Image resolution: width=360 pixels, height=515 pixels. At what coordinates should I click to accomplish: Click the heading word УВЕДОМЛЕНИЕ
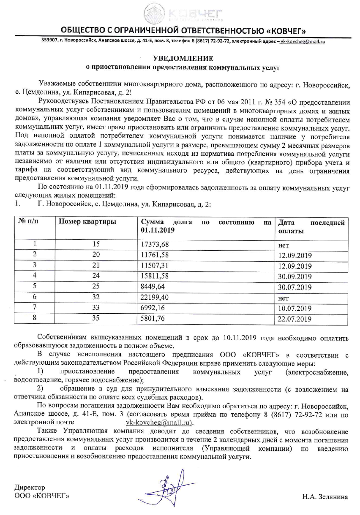point(180,58)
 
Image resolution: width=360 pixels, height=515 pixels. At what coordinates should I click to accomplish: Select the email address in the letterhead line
point(303,41)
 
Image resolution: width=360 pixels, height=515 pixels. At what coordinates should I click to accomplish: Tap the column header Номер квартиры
point(87,222)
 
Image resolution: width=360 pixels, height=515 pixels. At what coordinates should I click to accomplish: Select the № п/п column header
point(28,222)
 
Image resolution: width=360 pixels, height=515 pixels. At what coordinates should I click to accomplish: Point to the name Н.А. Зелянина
point(325,497)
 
